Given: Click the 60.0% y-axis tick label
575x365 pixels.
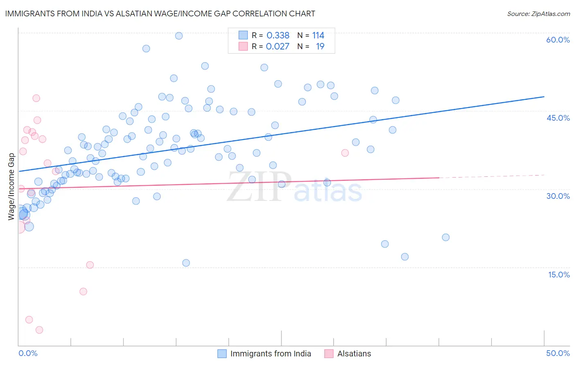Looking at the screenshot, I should pos(558,40).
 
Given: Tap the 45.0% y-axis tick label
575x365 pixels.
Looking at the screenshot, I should pos(558,118).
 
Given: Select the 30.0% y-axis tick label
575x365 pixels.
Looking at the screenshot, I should pos(558,196).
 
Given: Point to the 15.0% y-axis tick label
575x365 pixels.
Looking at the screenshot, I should pos(559,275).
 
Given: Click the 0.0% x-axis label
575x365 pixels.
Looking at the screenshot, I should pos(28,353).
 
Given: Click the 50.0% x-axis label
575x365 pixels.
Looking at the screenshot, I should pos(558,353).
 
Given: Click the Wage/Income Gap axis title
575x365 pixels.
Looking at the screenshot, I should pos(11,187).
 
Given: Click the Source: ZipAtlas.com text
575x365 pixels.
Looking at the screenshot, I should pos(538,14).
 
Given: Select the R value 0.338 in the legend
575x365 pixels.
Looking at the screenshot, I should pos(278,36).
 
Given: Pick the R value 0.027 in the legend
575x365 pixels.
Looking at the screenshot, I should pos(277,47).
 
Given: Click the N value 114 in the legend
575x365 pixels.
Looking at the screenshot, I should pos(318,36).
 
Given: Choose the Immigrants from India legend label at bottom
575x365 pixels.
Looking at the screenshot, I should pos(270,354).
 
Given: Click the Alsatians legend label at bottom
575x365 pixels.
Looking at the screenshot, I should pos(354,354).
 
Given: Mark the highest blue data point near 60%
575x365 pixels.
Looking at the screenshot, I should pos(179,36).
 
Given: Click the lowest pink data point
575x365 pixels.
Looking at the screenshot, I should pos(39,330).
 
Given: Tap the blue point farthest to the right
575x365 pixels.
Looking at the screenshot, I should pos(446,237).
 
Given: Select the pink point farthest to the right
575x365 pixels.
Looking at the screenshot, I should pos(345,153).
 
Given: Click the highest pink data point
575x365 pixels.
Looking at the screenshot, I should pos(36,98).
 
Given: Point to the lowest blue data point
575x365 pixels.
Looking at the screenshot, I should pos(186,263).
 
